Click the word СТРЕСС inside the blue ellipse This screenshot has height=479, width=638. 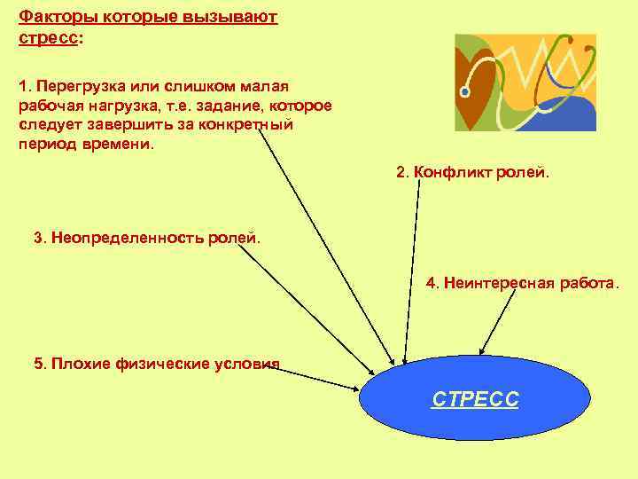[x=475, y=400]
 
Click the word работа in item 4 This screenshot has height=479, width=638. [x=585, y=284]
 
